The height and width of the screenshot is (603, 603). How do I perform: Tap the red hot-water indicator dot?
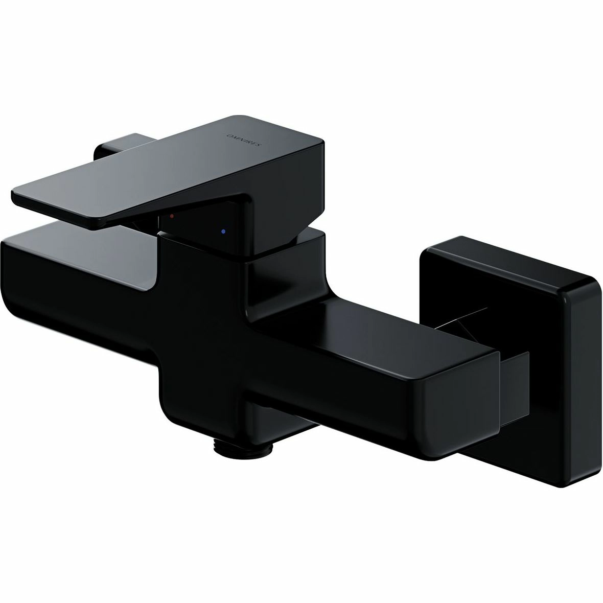172,217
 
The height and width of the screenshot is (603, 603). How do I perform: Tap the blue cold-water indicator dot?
223,232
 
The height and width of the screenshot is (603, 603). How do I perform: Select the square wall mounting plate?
509,361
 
